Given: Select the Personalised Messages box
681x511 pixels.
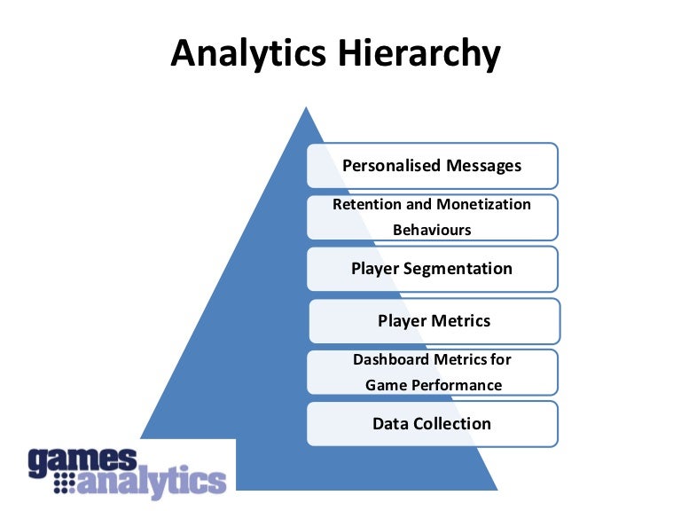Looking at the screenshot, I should tap(433, 165).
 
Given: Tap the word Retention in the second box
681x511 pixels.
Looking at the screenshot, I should tap(365, 204).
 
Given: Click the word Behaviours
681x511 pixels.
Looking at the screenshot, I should tap(432, 230).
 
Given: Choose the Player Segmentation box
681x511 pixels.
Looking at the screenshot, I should tap(433, 269).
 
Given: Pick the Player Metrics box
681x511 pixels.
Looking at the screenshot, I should tap(434, 320).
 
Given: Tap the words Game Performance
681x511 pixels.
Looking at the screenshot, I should tap(434, 385).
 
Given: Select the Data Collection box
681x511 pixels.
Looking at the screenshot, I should tap(433, 423).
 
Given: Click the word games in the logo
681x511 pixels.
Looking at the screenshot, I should tap(82, 460).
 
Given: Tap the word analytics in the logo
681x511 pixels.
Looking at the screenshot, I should tap(152, 483).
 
